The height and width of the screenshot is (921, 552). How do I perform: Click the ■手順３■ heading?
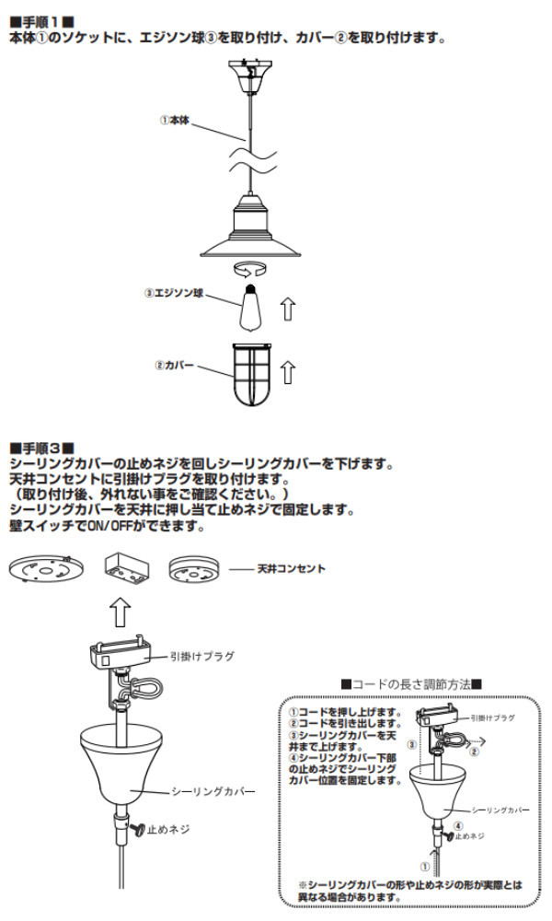(x=41, y=447)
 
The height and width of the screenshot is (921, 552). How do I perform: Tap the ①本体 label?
(x=174, y=120)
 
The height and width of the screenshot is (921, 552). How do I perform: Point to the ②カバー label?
(x=174, y=366)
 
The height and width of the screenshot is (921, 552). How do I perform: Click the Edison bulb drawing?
(x=251, y=308)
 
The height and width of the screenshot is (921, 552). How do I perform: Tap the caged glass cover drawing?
(x=250, y=374)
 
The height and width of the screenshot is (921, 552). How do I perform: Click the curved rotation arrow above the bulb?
(x=251, y=269)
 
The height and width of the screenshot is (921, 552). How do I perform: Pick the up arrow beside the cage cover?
(x=289, y=371)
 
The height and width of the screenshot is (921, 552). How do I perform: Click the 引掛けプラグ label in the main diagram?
(x=201, y=657)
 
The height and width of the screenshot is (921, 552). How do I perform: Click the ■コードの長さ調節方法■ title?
(x=411, y=685)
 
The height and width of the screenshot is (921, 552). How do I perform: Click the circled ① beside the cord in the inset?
(x=424, y=866)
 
